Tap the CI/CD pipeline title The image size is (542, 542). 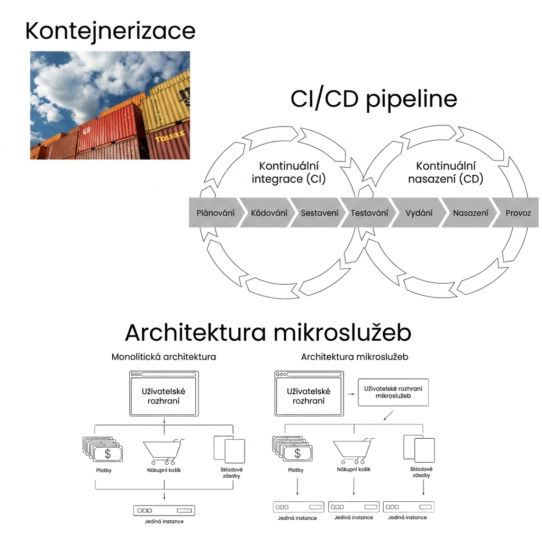click(374, 100)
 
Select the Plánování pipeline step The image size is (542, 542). click(215, 213)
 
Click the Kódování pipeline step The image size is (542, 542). click(268, 213)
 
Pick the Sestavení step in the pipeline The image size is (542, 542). click(319, 213)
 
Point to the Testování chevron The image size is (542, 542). click(369, 213)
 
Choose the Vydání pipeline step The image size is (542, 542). click(419, 213)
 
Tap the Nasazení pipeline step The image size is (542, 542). click(470, 213)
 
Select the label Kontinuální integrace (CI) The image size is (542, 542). click(288, 173)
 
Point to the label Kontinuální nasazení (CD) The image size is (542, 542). click(446, 173)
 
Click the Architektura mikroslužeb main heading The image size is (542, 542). click(268, 332)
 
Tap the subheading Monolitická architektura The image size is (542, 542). click(164, 357)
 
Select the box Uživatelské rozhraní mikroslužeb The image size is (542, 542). click(393, 392)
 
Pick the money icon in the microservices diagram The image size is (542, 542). click(292, 449)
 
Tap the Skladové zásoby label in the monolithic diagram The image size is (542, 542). click(231, 473)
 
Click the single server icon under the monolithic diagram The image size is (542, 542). click(164, 511)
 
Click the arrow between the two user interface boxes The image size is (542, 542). click(351, 394)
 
